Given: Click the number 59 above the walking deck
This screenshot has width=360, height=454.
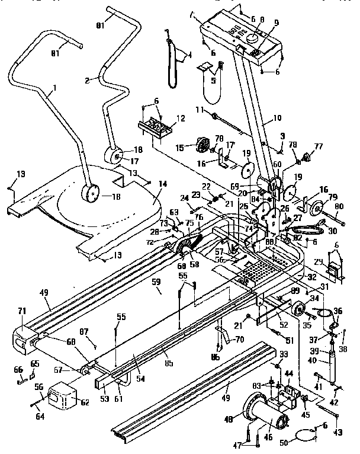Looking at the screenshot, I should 156,290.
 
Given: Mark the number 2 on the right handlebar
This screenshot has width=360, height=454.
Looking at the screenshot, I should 87,79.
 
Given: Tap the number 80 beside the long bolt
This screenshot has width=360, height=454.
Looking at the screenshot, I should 339,207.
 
